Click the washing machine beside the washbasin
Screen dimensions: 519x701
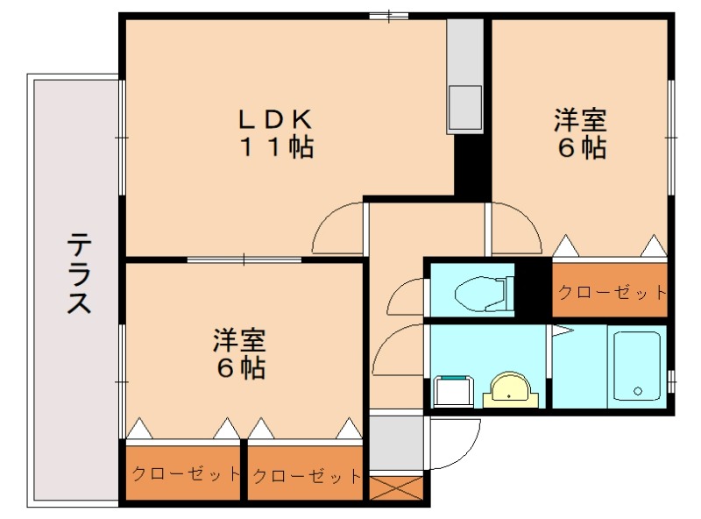[x=453, y=390]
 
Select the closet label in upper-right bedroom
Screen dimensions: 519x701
[x=612, y=293]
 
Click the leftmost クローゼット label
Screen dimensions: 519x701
[x=184, y=474]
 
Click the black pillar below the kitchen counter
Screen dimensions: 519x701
[x=471, y=167]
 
